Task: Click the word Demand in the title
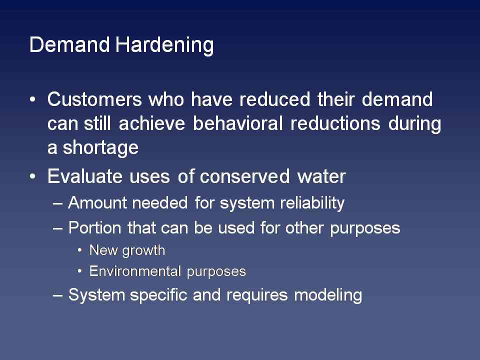(69, 44)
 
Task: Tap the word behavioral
(238, 123)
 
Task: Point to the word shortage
(100, 148)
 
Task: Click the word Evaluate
(85, 176)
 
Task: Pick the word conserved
(244, 176)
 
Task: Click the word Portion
(94, 228)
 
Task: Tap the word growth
(143, 251)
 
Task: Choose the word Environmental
(135, 271)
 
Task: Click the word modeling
(328, 295)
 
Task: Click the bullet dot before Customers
(33, 99)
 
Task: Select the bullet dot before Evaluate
(33, 176)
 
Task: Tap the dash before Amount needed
(58, 204)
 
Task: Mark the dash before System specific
(58, 296)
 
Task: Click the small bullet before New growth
(80, 250)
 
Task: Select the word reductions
(335, 123)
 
